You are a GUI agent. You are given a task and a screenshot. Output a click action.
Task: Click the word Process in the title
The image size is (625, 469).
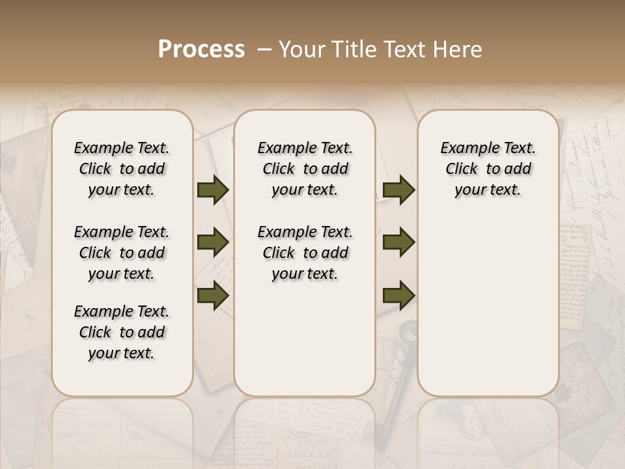click(x=201, y=50)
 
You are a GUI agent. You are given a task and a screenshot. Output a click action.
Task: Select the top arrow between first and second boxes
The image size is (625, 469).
click(x=213, y=190)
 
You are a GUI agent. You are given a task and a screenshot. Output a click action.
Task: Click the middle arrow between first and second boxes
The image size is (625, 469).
click(x=213, y=243)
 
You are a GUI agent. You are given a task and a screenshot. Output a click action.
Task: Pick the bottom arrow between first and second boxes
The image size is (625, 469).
click(x=213, y=295)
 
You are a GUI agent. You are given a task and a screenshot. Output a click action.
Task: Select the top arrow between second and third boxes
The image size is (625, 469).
click(x=399, y=190)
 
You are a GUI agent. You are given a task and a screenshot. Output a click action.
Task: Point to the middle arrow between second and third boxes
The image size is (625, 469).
click(x=399, y=243)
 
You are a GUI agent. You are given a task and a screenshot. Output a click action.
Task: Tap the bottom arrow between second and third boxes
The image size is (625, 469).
click(x=399, y=295)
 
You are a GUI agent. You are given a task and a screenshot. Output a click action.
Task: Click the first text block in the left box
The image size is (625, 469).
click(x=122, y=169)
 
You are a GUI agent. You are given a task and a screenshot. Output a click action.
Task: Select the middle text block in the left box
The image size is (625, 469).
click(x=122, y=253)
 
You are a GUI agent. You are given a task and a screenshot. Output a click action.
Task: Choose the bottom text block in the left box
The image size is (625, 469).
click(x=122, y=332)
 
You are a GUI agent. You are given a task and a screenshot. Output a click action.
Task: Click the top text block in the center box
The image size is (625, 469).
click(x=305, y=169)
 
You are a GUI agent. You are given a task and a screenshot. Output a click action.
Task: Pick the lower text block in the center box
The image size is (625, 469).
click(x=305, y=253)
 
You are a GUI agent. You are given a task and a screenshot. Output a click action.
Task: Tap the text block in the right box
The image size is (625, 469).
click(x=488, y=169)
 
